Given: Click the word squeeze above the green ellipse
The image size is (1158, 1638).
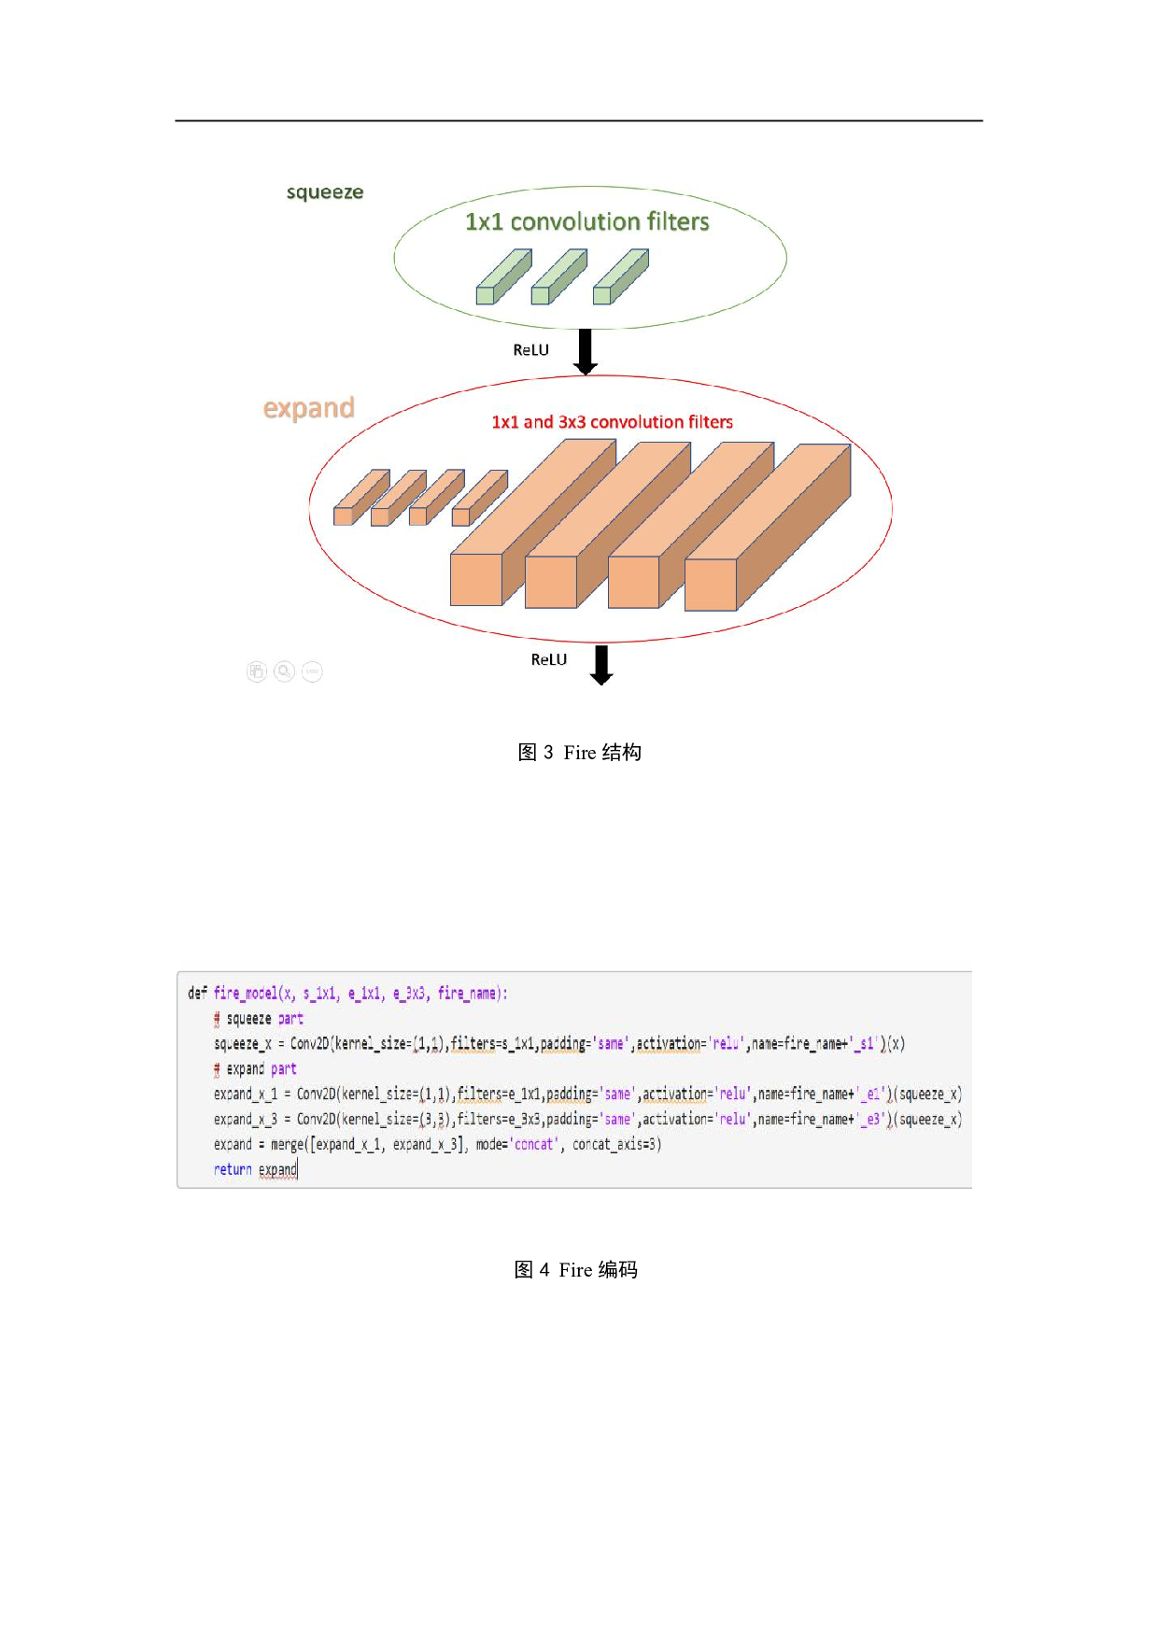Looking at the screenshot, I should coord(324,192).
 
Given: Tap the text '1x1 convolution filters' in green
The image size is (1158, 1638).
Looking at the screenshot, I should coord(586,221).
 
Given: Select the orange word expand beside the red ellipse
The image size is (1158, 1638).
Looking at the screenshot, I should coord(308,408).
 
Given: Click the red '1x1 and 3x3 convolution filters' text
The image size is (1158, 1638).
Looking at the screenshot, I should coord(612,422).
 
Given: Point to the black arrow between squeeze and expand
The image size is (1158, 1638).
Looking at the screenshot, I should coord(586,351).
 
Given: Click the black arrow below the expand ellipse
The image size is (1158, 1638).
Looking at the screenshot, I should coord(601,664).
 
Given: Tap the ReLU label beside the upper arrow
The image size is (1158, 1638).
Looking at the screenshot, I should coord(530,350).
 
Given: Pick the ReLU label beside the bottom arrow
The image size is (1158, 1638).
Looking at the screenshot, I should coord(548,659).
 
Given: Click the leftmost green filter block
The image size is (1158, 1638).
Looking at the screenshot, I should coord(502,277).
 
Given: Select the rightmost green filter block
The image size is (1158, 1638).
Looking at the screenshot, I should coord(620,277).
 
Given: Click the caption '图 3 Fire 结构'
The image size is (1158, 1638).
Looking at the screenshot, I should coord(579,753).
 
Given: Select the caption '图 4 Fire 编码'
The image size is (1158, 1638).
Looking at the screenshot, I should coord(575,1270).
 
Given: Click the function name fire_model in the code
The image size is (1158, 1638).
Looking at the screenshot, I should coord(245,994).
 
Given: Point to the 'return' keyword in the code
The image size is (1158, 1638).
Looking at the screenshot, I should coord(233,1170).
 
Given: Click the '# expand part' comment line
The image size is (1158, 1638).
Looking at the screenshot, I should coord(255,1069).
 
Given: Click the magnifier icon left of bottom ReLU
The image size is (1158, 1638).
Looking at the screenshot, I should coord(284,671).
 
